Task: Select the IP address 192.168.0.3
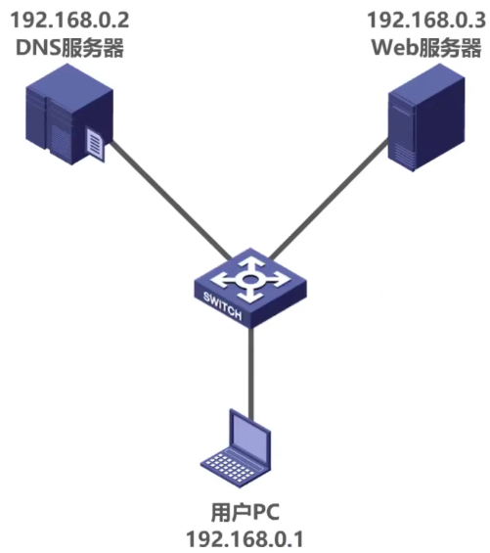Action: [x=423, y=18]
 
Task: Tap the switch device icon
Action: [x=250, y=289]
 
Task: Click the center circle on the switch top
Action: [x=251, y=279]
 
